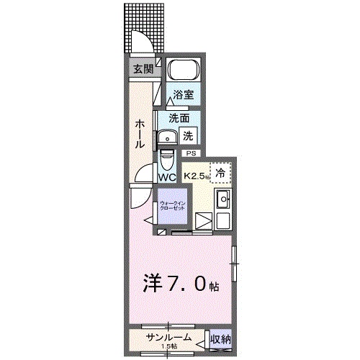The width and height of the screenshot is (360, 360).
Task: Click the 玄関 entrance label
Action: click(143, 69)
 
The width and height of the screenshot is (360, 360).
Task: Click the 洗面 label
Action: click(179, 117)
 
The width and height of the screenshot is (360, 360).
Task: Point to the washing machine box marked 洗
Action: click(187, 134)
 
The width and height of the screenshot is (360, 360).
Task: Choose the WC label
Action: click(167, 177)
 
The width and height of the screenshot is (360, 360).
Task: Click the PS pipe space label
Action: click(191, 153)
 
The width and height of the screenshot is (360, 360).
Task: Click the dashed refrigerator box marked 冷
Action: click(221, 173)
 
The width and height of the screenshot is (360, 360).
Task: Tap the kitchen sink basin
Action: click(223, 199)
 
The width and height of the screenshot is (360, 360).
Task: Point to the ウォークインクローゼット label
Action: click(173, 206)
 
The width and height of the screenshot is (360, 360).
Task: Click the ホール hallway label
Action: click(139, 134)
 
